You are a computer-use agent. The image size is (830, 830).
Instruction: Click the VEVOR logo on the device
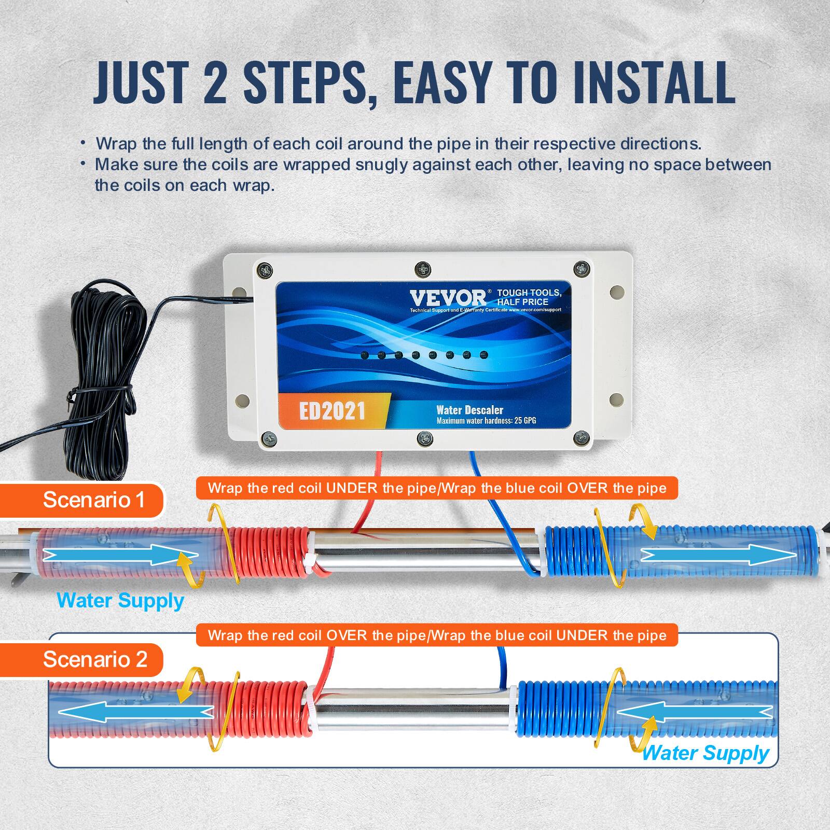pos(448,298)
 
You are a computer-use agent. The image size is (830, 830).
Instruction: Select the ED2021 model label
pos(332,411)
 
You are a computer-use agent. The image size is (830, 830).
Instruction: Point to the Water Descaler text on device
pos(469,410)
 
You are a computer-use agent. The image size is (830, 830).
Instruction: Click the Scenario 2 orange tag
pos(94,659)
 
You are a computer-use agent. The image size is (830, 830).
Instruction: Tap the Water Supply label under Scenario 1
pos(120,600)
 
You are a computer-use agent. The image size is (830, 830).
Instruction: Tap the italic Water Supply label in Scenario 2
pos(706,753)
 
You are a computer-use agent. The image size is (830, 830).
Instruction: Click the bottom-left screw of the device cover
pos(269,439)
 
